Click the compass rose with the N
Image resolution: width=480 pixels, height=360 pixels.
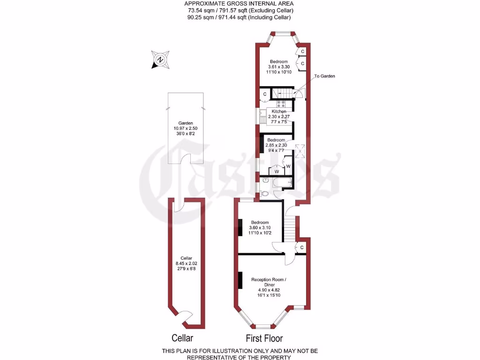click(160, 60)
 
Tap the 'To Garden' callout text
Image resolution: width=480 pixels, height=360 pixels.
click(324, 76)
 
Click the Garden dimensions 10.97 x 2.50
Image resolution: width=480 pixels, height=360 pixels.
click(186, 128)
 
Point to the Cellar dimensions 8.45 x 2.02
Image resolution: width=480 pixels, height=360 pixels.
click(187, 263)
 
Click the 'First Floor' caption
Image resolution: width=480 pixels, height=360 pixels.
click(264, 338)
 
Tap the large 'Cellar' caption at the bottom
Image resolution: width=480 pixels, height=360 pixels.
click(182, 338)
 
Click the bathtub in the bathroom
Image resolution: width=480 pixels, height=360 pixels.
click(282, 182)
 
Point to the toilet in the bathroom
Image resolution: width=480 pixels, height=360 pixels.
click(264, 193)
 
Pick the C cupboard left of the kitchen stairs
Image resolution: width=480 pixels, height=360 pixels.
click(265, 94)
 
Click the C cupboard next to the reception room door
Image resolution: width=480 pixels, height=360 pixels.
click(301, 247)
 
